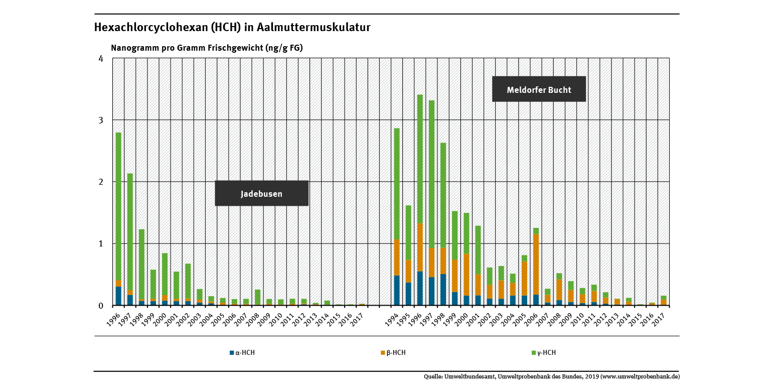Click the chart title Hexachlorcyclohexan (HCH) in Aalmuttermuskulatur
coord(232,28)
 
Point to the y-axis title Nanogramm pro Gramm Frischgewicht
coord(207,48)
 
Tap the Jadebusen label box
coord(261,194)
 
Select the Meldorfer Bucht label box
coord(539,90)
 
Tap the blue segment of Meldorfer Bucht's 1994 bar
coord(397,290)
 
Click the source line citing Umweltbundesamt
coord(552,376)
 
